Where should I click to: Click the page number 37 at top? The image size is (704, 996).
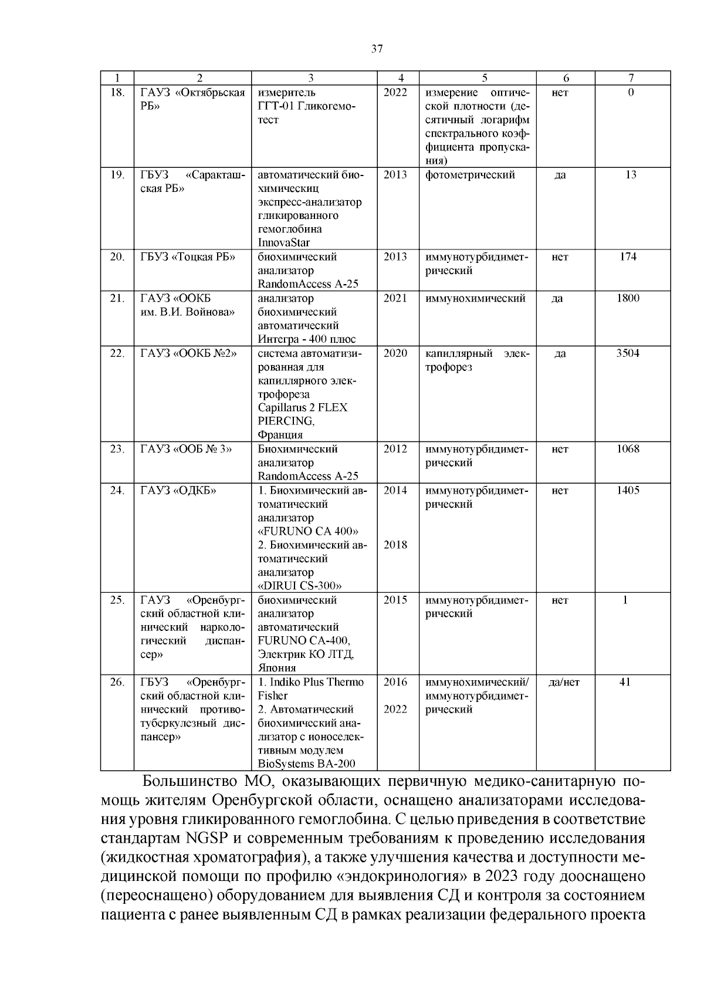377,49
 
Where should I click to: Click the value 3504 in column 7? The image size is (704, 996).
628,353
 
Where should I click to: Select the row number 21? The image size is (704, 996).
117,298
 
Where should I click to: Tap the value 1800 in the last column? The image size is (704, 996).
628,298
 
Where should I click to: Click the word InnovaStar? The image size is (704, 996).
283,242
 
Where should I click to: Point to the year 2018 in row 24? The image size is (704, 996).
395,545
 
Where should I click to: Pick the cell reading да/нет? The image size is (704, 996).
563,682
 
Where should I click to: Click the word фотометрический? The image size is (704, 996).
470,175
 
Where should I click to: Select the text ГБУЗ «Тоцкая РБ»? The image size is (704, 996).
187,257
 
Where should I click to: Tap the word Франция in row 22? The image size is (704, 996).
280,435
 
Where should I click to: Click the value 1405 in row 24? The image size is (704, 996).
628,491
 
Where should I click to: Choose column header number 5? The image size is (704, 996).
484,77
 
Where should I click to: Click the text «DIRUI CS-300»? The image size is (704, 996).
300,586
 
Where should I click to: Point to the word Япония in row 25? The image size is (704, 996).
276,668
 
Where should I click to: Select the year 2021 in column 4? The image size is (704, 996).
395,298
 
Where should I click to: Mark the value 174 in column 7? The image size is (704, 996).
628,257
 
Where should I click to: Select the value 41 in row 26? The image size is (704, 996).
625,682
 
